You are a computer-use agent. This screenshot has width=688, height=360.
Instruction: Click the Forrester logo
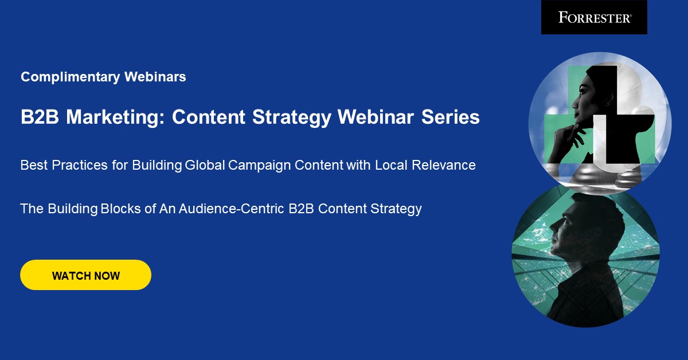[x=594, y=17]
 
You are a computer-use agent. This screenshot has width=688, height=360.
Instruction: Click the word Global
[x=205, y=165]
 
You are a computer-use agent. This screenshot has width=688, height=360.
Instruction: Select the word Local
[x=392, y=165]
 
